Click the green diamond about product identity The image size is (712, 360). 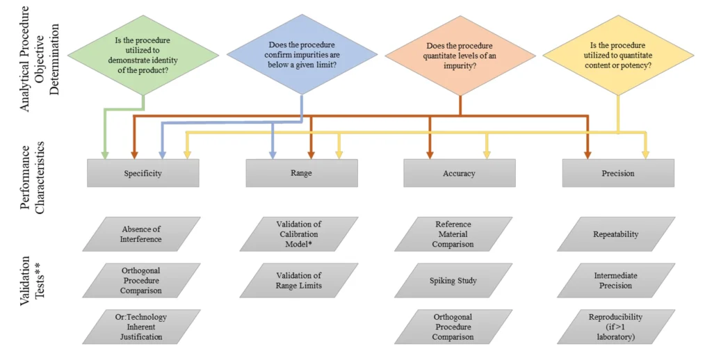[x=143, y=56]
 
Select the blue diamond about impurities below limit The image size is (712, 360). [x=302, y=54]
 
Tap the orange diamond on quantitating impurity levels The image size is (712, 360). [x=460, y=56]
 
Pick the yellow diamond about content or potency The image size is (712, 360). [x=618, y=56]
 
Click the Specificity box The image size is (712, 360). [x=143, y=173]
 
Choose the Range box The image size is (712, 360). [x=302, y=173]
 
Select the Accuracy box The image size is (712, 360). [x=460, y=173]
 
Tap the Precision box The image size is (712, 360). [x=618, y=173]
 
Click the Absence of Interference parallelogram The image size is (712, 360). [x=141, y=234]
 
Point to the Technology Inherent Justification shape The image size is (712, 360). [x=141, y=327]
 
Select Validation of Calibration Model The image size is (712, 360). [x=299, y=234]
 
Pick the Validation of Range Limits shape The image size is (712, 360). [x=299, y=281]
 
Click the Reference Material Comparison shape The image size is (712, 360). [x=453, y=234]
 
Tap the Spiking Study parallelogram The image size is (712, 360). [x=453, y=281]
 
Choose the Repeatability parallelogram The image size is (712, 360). [x=616, y=234]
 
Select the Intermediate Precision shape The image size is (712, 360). [x=616, y=281]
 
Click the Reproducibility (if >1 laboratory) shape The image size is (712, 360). [x=616, y=327]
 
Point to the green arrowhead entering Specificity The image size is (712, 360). [x=105, y=155]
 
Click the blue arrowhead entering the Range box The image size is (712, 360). [x=273, y=155]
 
